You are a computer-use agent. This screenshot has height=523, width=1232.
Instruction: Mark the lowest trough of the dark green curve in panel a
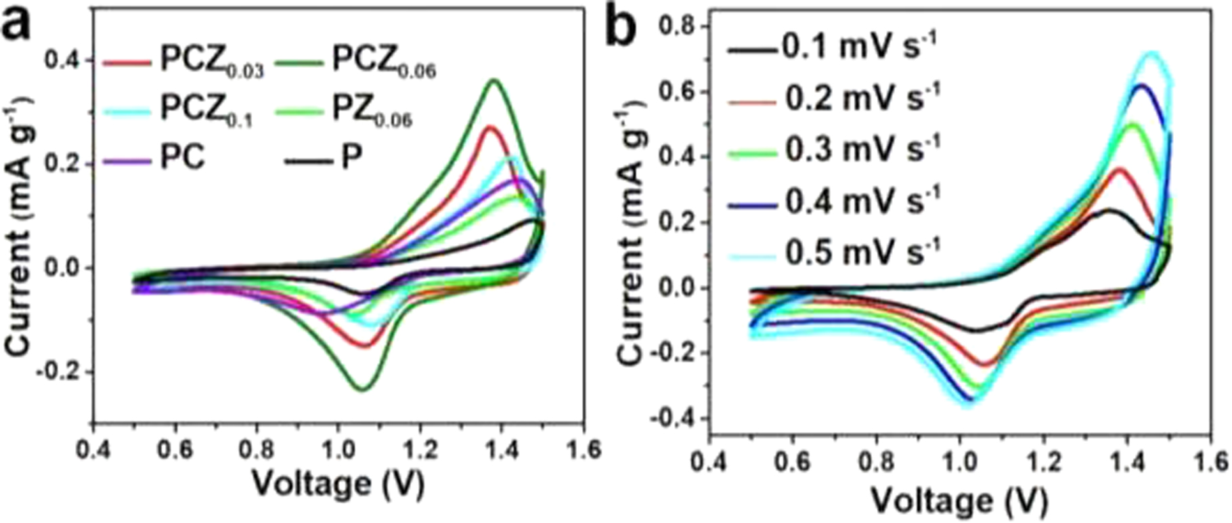pyautogui.click(x=364, y=389)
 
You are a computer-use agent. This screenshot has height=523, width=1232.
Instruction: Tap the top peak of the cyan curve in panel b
pyautogui.click(x=1149, y=52)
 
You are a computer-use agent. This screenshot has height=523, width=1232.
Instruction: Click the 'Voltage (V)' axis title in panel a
pyautogui.click(x=338, y=484)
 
